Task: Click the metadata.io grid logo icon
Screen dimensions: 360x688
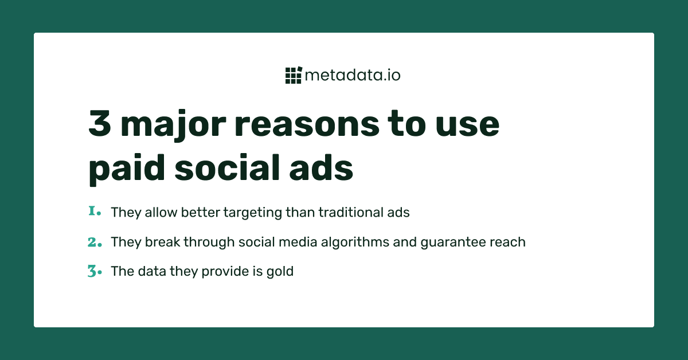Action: tap(293, 75)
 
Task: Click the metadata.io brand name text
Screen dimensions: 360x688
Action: tap(353, 75)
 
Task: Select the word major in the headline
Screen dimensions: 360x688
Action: tap(173, 125)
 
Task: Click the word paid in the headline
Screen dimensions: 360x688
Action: tap(121, 169)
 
